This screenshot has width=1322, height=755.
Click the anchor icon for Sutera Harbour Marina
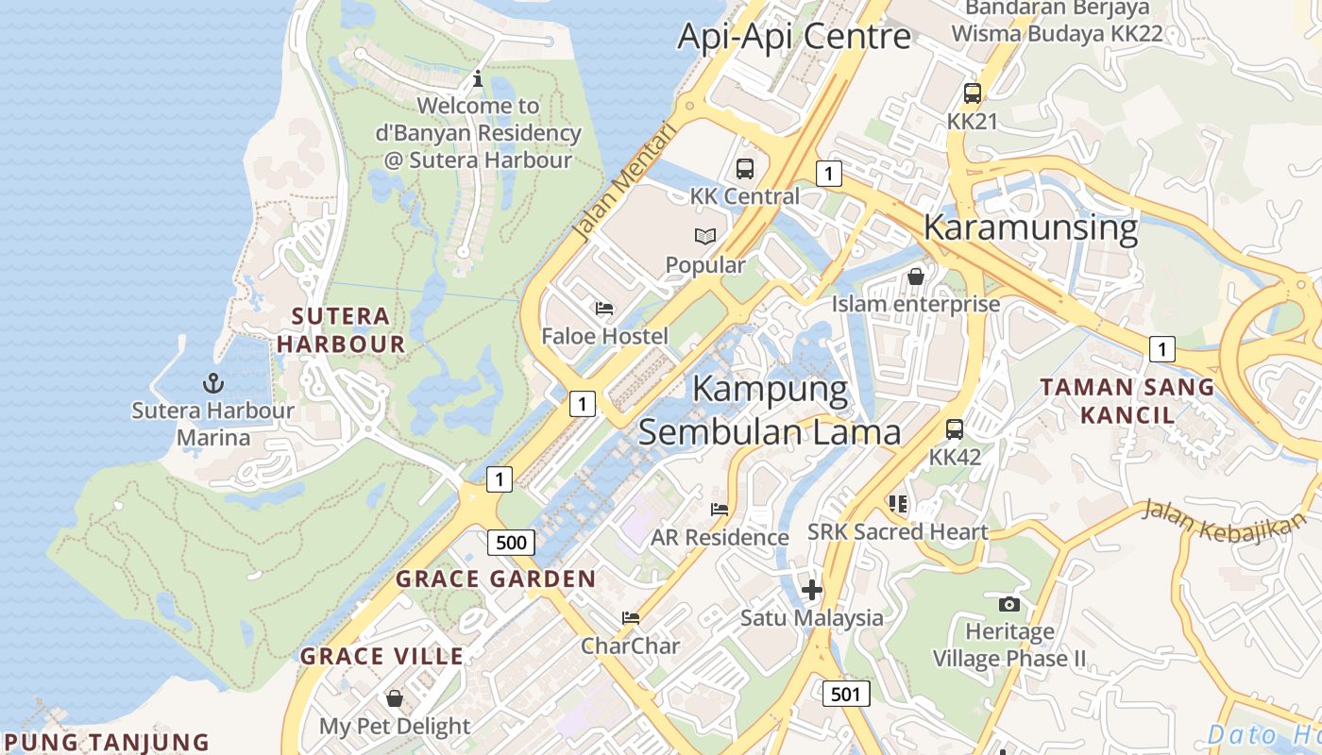tap(213, 383)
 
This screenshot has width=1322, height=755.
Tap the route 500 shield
tap(511, 543)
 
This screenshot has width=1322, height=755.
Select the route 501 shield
tap(845, 694)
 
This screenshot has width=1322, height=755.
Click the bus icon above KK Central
tap(745, 169)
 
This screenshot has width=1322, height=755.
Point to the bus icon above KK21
tap(973, 93)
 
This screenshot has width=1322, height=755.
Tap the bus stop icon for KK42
tap(955, 429)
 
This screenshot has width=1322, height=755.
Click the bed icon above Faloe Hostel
tap(604, 309)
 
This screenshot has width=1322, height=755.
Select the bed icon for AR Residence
tap(720, 510)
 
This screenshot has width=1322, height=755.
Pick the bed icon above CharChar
tap(631, 618)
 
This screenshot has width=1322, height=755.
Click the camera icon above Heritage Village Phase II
tap(1008, 604)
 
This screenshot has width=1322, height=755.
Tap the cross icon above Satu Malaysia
tap(811, 591)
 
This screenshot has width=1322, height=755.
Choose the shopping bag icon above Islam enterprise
tap(915, 277)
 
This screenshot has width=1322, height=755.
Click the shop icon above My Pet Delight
tap(395, 698)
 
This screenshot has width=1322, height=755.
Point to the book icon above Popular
tap(705, 237)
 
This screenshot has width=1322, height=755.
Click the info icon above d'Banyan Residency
tap(478, 77)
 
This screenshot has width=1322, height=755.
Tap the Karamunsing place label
tap(1030, 227)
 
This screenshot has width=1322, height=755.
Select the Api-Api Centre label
tap(794, 36)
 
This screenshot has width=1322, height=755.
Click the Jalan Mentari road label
tap(624, 180)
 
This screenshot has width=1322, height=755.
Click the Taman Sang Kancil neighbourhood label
tap(1127, 400)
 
